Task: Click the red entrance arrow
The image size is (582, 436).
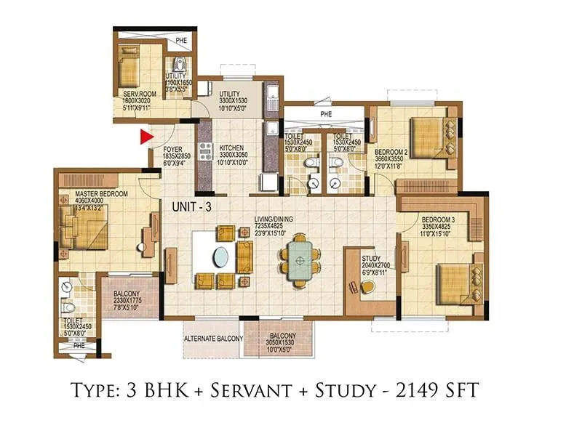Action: click(146, 135)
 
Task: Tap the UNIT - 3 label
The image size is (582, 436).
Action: click(191, 207)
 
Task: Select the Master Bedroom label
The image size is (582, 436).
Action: click(102, 194)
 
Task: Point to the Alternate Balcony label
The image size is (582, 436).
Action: click(212, 339)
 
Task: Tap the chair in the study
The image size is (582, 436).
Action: click(367, 288)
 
